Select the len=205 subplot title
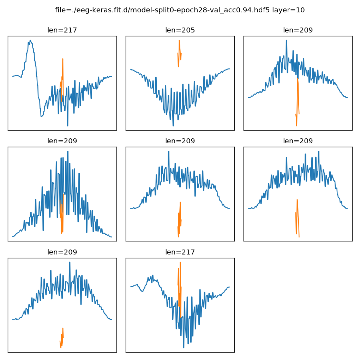tap(180, 30)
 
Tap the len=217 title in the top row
tap(62, 30)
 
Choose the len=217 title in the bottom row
tap(180, 252)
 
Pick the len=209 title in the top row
tap(298, 30)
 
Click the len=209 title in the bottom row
tap(62, 252)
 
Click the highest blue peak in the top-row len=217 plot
tap(30, 41)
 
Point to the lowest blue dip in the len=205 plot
tap(173, 125)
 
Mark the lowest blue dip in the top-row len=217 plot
tap(67, 125)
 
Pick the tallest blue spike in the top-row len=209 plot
tap(286, 41)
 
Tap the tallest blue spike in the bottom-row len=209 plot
tap(70, 263)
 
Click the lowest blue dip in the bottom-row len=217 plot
tap(184, 347)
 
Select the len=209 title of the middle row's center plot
tap(180, 141)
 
